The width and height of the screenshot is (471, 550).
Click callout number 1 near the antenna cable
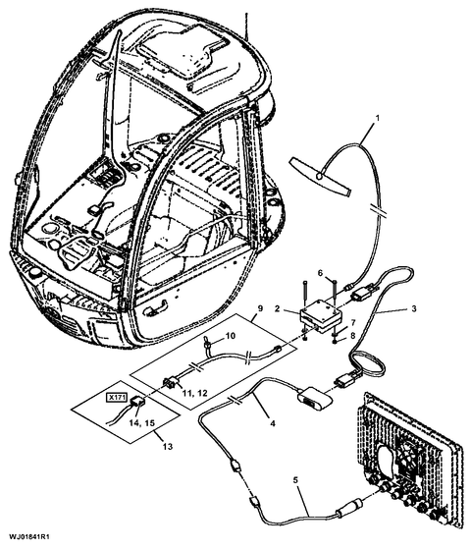click(x=377, y=118)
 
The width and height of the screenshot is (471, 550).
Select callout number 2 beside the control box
click(x=277, y=308)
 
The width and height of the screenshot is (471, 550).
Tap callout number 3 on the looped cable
click(x=414, y=309)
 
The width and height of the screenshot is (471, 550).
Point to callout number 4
click(x=273, y=423)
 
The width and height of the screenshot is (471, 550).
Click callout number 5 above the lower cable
click(x=295, y=480)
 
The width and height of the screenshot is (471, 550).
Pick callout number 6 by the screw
click(x=320, y=273)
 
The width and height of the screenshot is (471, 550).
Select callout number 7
click(x=353, y=322)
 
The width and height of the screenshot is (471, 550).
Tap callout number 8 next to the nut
click(x=353, y=336)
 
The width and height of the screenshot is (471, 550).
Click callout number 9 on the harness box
click(x=260, y=308)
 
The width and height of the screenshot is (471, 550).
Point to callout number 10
click(x=231, y=336)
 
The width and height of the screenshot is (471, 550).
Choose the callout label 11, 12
click(x=194, y=393)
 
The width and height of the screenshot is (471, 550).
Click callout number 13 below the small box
click(x=168, y=447)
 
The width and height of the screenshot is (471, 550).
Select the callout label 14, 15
click(x=141, y=423)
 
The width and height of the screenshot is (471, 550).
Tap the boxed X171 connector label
click(x=117, y=398)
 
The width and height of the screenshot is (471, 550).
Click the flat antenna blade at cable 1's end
click(x=320, y=177)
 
